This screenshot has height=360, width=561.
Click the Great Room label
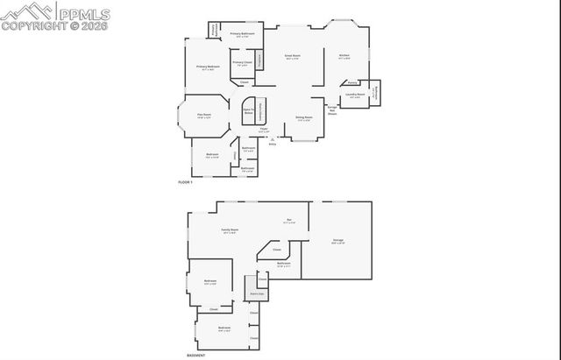coord(292,56)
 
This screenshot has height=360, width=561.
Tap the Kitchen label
coord(344,56)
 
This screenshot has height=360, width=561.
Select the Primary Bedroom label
coord(208,67)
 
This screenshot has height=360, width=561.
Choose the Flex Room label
coord(202,115)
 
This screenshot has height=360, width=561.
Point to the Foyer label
coord(264,130)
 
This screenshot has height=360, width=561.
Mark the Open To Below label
coord(248,112)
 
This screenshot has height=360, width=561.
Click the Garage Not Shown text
coord(332,109)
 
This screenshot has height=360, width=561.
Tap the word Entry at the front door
coord(273,144)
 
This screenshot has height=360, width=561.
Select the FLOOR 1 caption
coord(185,181)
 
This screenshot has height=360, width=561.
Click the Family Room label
coord(230,229)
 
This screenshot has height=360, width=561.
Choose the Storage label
coord(337,240)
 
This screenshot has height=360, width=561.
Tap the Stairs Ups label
coord(258,293)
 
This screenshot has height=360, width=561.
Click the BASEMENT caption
coord(196,355)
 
